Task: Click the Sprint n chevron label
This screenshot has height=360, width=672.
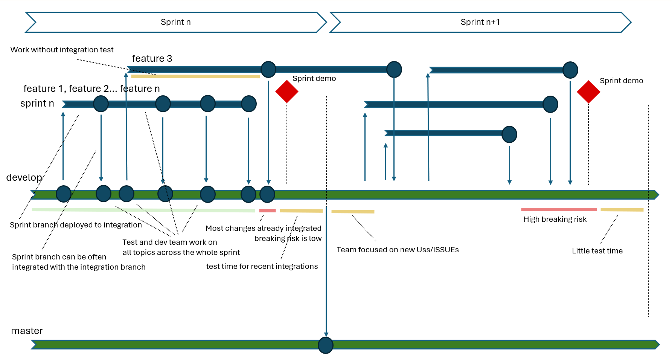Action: (175, 22)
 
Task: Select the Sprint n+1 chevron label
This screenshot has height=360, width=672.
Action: (480, 22)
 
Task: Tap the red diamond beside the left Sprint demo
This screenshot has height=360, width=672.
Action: (287, 92)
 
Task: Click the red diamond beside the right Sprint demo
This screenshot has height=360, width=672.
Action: (588, 92)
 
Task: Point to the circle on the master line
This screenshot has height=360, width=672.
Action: (326, 345)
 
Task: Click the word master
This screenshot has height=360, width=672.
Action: (27, 331)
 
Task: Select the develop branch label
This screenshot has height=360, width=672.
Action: (24, 177)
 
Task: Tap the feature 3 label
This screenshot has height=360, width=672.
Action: (152, 59)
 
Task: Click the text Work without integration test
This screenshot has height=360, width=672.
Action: (62, 50)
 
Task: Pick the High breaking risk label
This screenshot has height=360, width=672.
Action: (555, 219)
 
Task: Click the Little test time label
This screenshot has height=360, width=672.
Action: (597, 251)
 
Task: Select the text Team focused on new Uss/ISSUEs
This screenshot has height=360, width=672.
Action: (398, 250)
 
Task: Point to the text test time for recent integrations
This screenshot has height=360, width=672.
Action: (262, 266)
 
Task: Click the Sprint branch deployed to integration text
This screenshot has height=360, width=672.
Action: (76, 225)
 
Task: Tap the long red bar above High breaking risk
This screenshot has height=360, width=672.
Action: (559, 209)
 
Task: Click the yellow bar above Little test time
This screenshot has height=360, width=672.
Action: (622, 210)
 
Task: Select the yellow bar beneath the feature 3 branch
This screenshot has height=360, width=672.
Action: (195, 76)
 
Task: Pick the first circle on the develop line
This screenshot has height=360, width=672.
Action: (64, 194)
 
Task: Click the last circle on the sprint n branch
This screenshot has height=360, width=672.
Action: (249, 104)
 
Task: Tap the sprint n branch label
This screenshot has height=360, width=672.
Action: (37, 104)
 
